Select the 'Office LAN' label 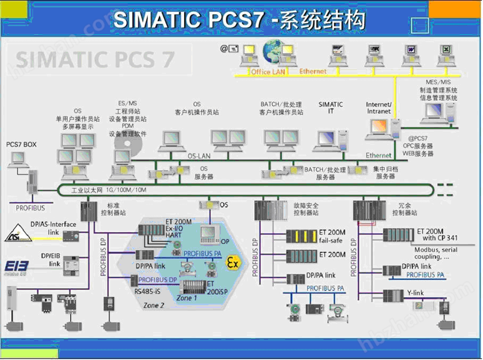(269, 72)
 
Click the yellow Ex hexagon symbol (232, 262)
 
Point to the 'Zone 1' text (187, 298)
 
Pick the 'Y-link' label (417, 293)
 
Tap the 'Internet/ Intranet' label (379, 108)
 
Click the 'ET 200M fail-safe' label (332, 236)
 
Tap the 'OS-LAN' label (198, 156)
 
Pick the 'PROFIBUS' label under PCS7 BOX (31, 208)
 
